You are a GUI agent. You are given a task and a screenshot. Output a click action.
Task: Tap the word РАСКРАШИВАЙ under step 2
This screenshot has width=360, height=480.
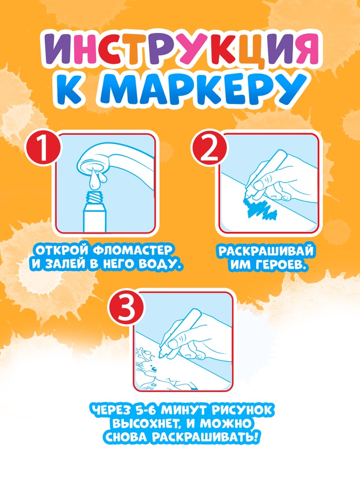[266, 251]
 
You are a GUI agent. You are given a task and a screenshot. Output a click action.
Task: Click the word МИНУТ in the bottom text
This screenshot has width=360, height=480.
[182, 410]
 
